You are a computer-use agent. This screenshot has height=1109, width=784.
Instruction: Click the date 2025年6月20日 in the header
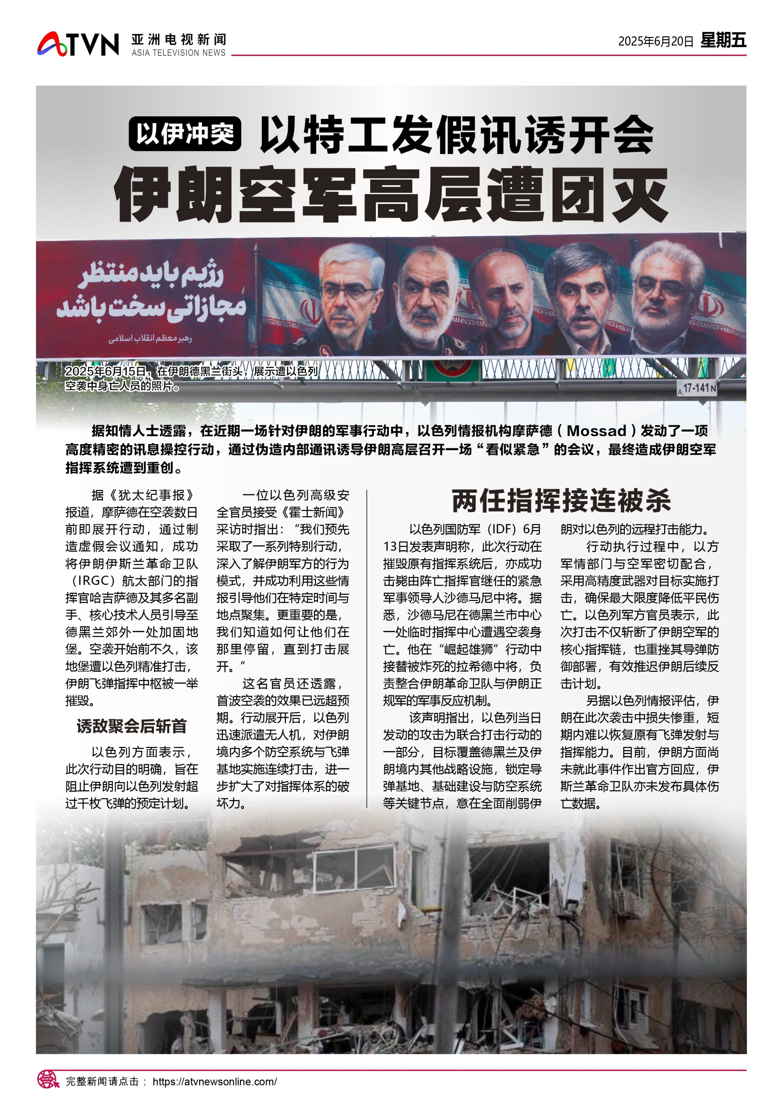655,41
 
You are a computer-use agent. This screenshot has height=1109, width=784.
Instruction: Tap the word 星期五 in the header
723,40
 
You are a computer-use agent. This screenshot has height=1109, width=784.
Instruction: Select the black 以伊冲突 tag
185,134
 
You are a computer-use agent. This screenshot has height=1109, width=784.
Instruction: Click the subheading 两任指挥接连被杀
561,501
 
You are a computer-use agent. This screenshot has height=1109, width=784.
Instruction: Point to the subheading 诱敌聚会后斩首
131,726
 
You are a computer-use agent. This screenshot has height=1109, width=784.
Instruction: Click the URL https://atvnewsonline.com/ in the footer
215,1081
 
